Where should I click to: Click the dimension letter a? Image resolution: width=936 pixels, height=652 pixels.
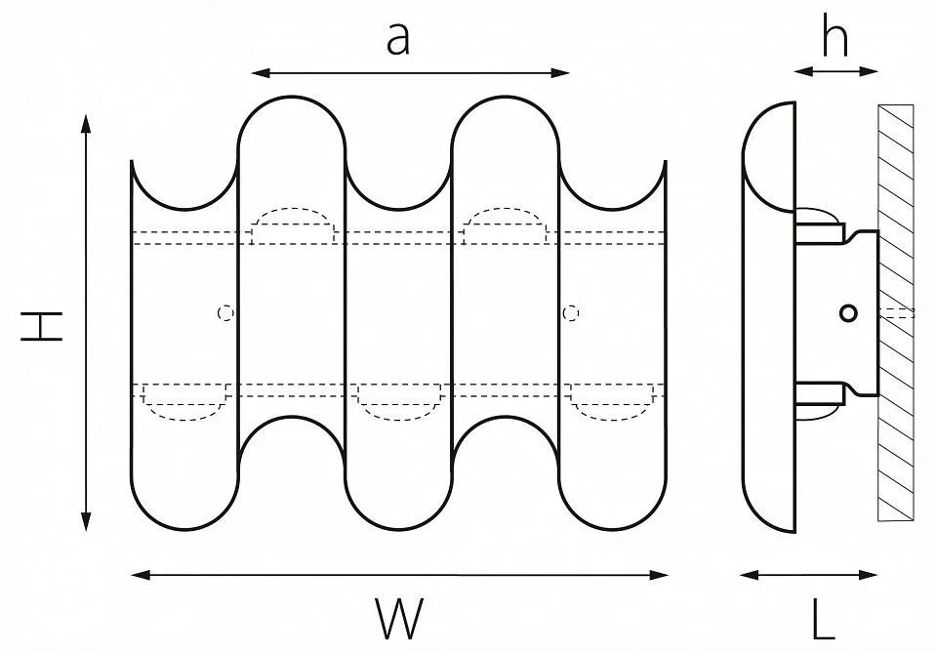click(x=398, y=40)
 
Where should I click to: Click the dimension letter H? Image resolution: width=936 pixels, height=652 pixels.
click(x=42, y=326)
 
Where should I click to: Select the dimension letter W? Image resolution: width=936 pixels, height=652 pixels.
click(x=399, y=618)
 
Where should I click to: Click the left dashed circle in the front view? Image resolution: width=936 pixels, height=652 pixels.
click(x=225, y=312)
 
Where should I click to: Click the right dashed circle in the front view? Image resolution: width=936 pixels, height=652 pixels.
click(x=571, y=312)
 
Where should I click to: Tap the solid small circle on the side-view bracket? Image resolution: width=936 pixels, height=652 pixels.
click(x=848, y=313)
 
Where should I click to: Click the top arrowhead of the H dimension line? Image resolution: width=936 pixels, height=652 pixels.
click(x=87, y=125)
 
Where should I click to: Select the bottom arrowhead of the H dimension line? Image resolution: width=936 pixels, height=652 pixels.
click(x=87, y=520)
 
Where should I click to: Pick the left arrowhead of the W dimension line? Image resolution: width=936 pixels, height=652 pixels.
click(x=141, y=575)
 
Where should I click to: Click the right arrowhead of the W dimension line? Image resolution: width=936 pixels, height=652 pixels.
click(x=658, y=575)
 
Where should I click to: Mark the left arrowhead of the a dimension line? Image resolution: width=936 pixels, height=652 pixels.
click(x=261, y=73)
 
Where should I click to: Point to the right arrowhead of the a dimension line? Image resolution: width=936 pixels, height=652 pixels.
click(x=559, y=73)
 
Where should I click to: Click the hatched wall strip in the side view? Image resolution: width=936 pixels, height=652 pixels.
click(x=895, y=312)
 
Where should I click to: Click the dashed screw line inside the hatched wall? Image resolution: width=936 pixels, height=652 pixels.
click(x=896, y=313)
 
